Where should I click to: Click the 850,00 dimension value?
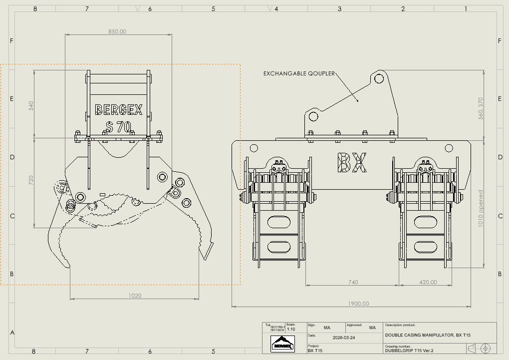[118, 31]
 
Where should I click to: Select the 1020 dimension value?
[135, 296]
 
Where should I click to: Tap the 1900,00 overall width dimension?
[359, 304]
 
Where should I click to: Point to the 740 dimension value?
[353, 282]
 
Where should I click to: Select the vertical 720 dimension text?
[31, 180]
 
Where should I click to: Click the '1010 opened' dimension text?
[481, 208]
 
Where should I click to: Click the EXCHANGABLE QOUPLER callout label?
[299, 73]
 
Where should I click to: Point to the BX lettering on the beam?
[352, 163]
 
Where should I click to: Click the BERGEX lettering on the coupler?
[119, 109]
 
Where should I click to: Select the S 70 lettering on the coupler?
[119, 126]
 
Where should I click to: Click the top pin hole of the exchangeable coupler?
[379, 78]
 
